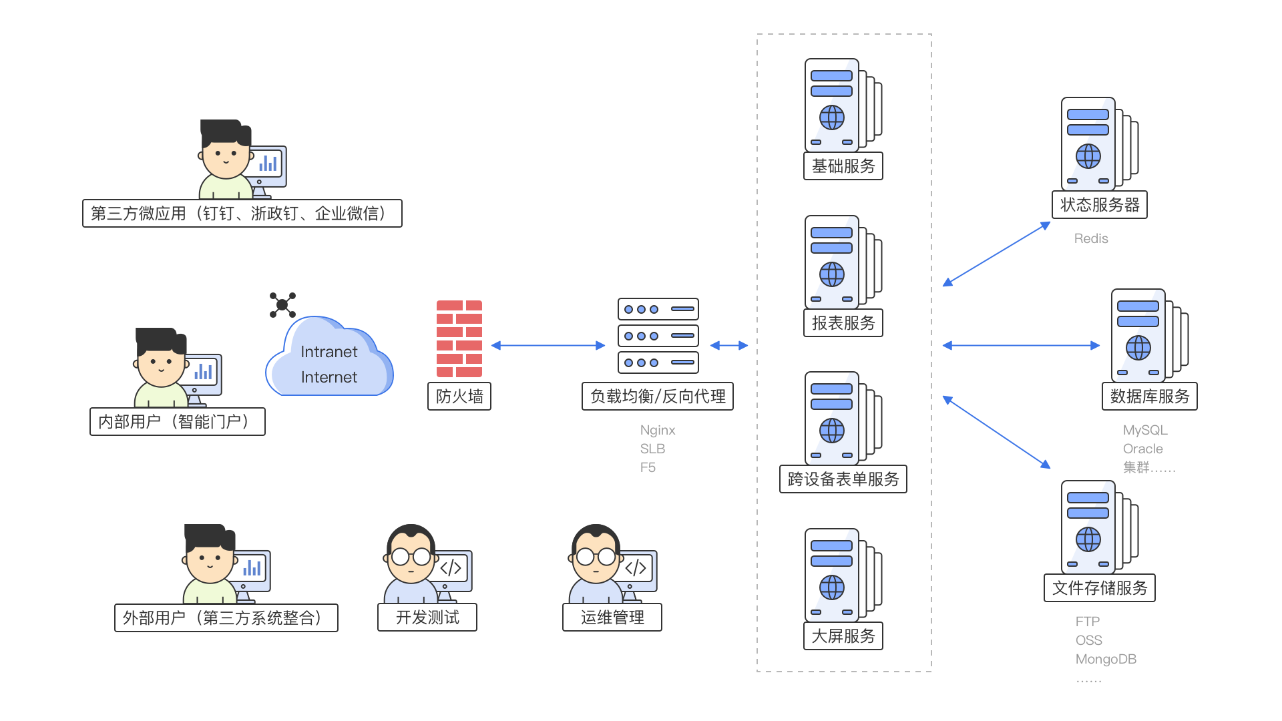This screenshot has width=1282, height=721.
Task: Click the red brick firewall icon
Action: coord(459,338)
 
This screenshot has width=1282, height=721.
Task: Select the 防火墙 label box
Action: coord(459,397)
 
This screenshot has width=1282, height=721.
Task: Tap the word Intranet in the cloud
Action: coord(329,352)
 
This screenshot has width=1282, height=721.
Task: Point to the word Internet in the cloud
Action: coord(329,377)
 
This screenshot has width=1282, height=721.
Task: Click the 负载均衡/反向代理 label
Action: coord(658,397)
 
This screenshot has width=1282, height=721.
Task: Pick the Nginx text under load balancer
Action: coord(658,430)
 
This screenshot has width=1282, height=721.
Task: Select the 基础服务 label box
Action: coord(843,166)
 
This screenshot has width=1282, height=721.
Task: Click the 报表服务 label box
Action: coord(843,323)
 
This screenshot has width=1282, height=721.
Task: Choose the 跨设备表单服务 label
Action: coord(843,479)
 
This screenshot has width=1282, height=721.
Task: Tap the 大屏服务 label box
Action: coord(843,636)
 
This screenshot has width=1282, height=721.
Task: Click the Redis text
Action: coord(1091,238)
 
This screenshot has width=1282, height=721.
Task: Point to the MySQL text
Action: coord(1145,430)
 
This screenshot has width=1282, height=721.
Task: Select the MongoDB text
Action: coord(1106,659)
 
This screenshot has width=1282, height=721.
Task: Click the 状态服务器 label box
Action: coord(1100,205)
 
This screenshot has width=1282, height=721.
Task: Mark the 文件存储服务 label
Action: coord(1100,588)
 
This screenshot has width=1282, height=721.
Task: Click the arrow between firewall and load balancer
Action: coord(548,346)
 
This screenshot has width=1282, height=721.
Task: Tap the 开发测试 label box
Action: coord(427,618)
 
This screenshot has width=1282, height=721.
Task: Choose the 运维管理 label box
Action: coord(612,618)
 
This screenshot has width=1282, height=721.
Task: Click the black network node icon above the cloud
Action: coord(282,305)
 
